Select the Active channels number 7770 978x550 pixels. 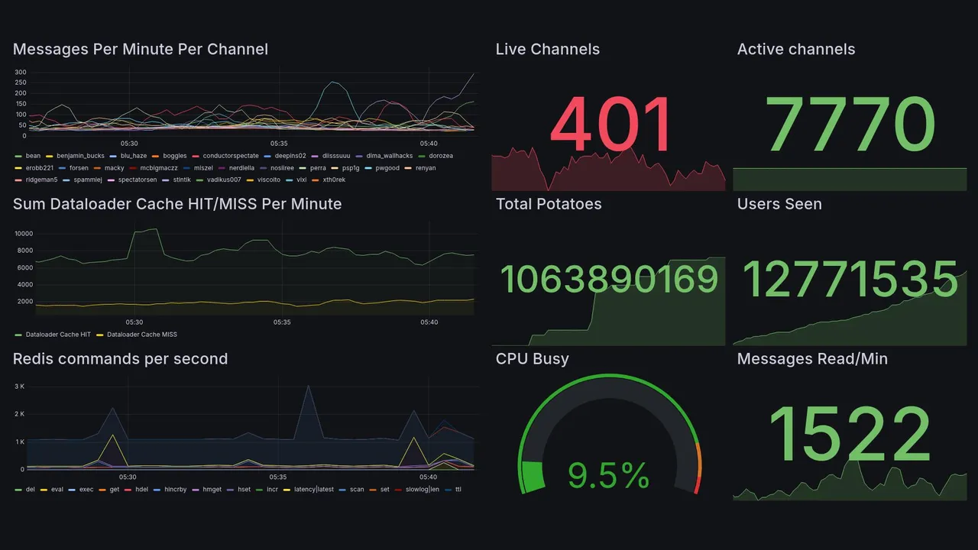coord(850,125)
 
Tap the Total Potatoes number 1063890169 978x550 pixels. coord(609,280)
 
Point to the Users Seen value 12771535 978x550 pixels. coord(850,280)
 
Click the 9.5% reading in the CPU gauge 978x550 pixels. coord(608,476)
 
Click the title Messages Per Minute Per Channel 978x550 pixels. coord(141,50)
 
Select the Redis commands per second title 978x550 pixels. coord(121,359)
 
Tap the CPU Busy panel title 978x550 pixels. coord(532,359)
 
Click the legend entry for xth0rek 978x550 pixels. coord(334,180)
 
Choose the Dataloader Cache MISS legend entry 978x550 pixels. coord(141,335)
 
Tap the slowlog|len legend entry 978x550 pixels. coord(423,490)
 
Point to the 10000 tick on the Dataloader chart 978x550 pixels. coord(23,234)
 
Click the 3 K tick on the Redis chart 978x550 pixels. coord(20,387)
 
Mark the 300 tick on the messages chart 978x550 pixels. coord(21,73)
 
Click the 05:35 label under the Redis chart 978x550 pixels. coord(278,477)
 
